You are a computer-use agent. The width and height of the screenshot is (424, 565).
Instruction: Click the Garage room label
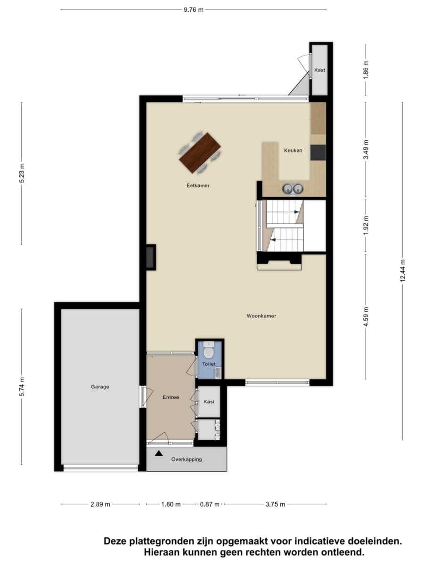(100, 387)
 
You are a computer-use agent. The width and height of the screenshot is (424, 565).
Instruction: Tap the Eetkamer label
(198, 186)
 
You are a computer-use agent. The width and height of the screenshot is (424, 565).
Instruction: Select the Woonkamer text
(261, 316)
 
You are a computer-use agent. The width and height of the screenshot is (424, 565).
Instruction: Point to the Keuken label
(293, 150)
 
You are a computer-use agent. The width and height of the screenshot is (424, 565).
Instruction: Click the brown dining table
(200, 153)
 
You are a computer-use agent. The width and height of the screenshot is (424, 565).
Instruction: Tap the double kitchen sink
(293, 189)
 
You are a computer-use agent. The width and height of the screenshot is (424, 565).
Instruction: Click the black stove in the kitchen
(318, 153)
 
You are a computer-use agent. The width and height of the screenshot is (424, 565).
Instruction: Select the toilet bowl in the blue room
(209, 352)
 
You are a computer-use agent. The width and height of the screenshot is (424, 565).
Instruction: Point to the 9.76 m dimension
(193, 10)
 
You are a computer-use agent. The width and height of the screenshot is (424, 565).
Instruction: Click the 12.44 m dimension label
(402, 271)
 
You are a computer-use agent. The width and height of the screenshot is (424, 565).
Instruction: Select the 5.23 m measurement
(22, 173)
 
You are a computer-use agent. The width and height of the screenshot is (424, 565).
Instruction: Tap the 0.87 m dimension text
(210, 504)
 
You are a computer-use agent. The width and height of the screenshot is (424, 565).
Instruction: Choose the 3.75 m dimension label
(275, 504)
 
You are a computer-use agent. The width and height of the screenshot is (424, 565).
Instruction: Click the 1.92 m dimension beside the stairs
(366, 226)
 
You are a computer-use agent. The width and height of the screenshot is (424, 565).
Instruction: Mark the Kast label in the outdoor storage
(319, 70)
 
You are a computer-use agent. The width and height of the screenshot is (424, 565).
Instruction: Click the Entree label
(171, 397)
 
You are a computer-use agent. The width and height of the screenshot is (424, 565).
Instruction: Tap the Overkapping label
(187, 459)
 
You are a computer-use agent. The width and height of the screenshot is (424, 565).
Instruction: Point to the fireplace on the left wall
(151, 258)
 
